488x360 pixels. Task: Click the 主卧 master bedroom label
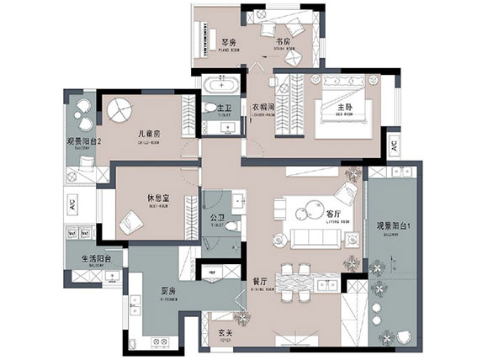click(345, 108)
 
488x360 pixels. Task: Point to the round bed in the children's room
click(118, 111)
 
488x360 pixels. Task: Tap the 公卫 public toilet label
click(217, 215)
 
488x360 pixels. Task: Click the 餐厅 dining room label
click(259, 280)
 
